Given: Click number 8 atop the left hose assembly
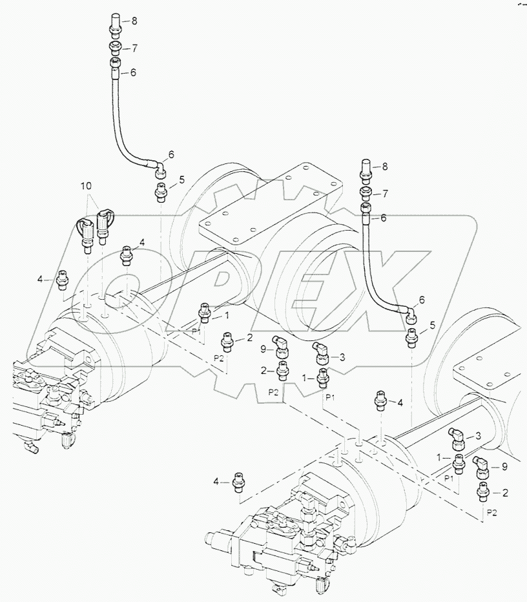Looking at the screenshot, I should click(x=134, y=21).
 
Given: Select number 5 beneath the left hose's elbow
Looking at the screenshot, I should click(x=182, y=180).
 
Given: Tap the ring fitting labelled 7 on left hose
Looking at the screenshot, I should click(x=115, y=47).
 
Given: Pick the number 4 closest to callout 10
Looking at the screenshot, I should click(x=142, y=243).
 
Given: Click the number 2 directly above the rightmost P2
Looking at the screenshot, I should click(x=505, y=493).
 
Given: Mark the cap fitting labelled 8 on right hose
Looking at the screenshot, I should click(x=365, y=169).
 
